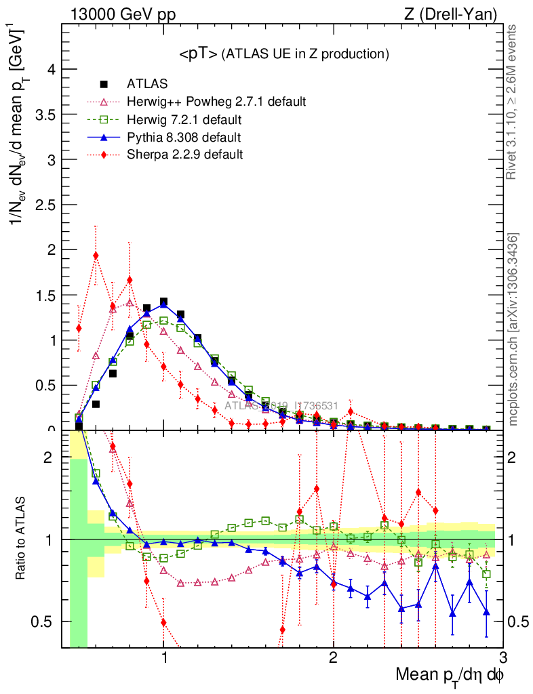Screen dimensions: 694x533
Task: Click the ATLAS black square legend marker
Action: coord(104,84)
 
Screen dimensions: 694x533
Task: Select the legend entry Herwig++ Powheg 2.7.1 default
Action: coord(216,102)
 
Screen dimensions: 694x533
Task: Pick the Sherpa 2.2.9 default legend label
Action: coord(185,155)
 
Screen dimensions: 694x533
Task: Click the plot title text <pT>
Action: coord(199,54)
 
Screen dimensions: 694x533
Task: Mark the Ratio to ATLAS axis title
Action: coord(21,539)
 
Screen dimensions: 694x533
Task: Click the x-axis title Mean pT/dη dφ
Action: coord(450,676)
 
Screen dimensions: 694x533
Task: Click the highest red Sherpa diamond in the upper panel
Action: coord(96,256)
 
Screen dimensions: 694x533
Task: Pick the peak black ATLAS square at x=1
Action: coord(163,302)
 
